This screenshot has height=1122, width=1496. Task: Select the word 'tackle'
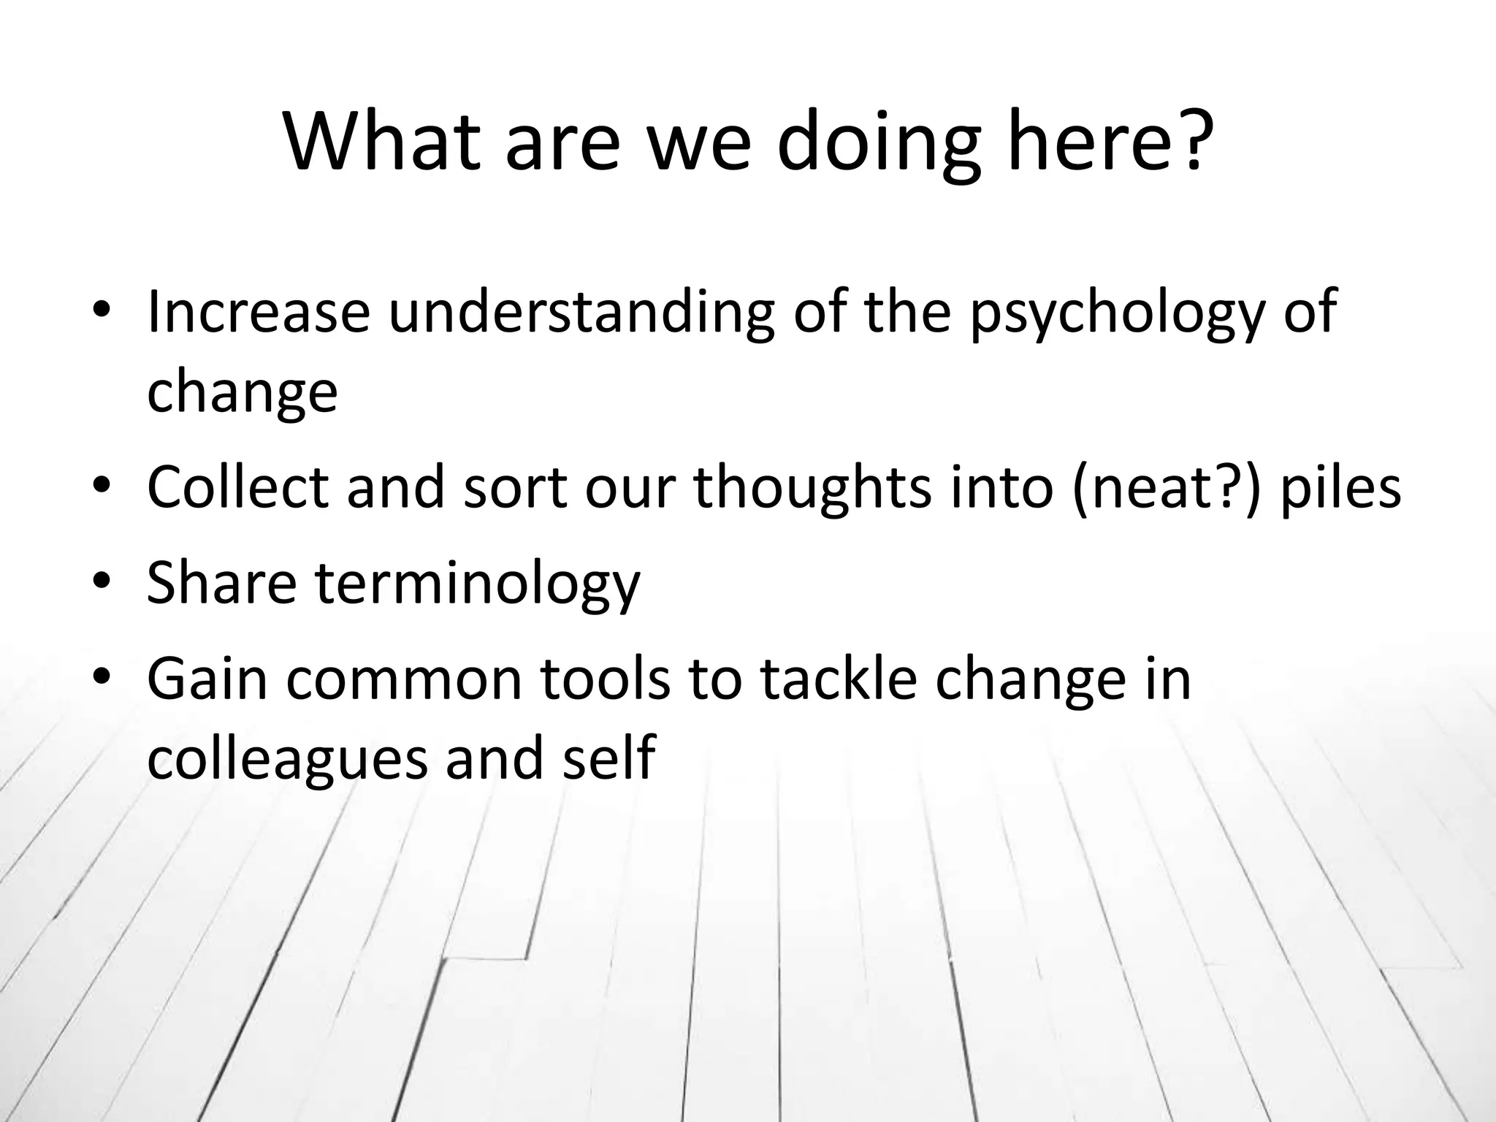[x=838, y=678]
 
